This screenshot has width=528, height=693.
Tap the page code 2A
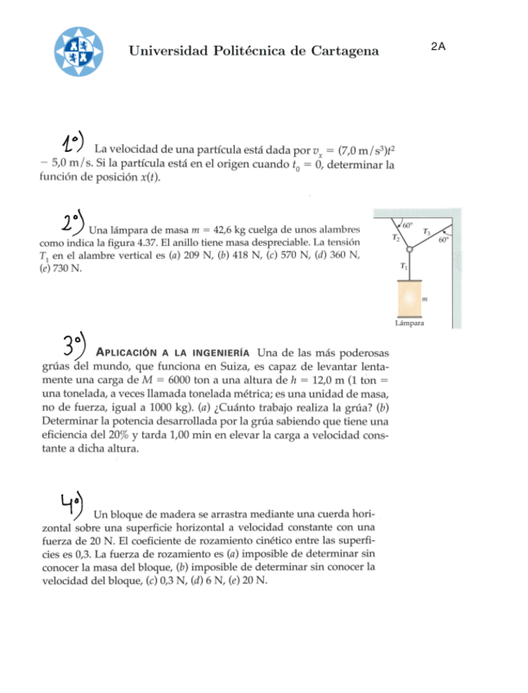[x=438, y=47]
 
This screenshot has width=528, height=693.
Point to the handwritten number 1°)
[x=72, y=142]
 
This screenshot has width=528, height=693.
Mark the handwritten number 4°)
[x=71, y=503]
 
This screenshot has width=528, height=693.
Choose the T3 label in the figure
[x=427, y=233]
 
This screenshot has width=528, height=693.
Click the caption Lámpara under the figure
[x=409, y=323]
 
